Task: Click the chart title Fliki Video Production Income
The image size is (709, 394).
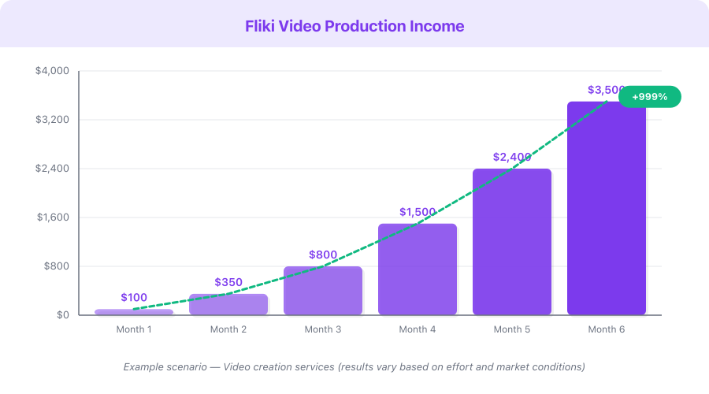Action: (354, 26)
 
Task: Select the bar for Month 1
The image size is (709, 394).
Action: (134, 312)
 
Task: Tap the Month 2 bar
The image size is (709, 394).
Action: (228, 305)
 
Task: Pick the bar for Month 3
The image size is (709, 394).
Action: (323, 291)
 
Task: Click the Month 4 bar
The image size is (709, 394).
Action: (418, 269)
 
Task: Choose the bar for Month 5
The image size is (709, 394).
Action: (512, 242)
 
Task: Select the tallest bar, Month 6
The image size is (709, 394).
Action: (607, 209)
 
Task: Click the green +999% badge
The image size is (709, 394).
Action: (649, 97)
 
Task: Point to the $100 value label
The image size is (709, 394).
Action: (134, 297)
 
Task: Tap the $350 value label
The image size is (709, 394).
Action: (228, 282)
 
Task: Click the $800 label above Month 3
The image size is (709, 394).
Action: (323, 255)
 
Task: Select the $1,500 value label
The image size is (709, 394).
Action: (418, 212)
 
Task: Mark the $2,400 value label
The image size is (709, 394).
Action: (512, 157)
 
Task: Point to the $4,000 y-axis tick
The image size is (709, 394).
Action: (52, 71)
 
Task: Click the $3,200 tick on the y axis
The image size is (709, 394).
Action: (52, 120)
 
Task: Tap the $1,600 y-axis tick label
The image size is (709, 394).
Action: (52, 217)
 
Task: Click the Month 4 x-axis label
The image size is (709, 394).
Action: (418, 329)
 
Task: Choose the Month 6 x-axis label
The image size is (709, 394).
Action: (607, 329)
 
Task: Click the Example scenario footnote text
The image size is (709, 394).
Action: (354, 367)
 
